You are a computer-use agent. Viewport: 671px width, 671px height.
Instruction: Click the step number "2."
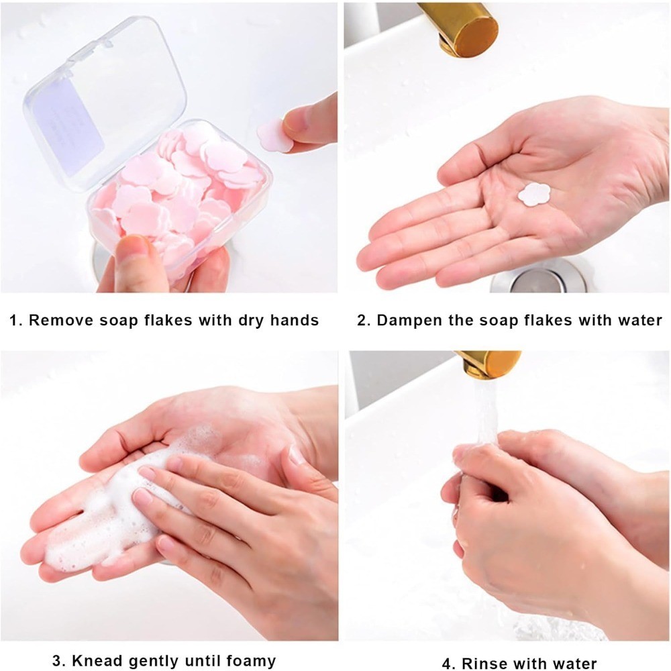(364, 321)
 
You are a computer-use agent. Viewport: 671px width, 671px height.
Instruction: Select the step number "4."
(449, 664)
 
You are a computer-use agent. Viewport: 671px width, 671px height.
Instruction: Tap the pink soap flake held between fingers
(274, 135)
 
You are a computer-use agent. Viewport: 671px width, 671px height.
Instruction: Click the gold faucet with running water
(488, 363)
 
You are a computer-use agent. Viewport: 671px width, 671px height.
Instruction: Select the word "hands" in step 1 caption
(295, 321)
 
